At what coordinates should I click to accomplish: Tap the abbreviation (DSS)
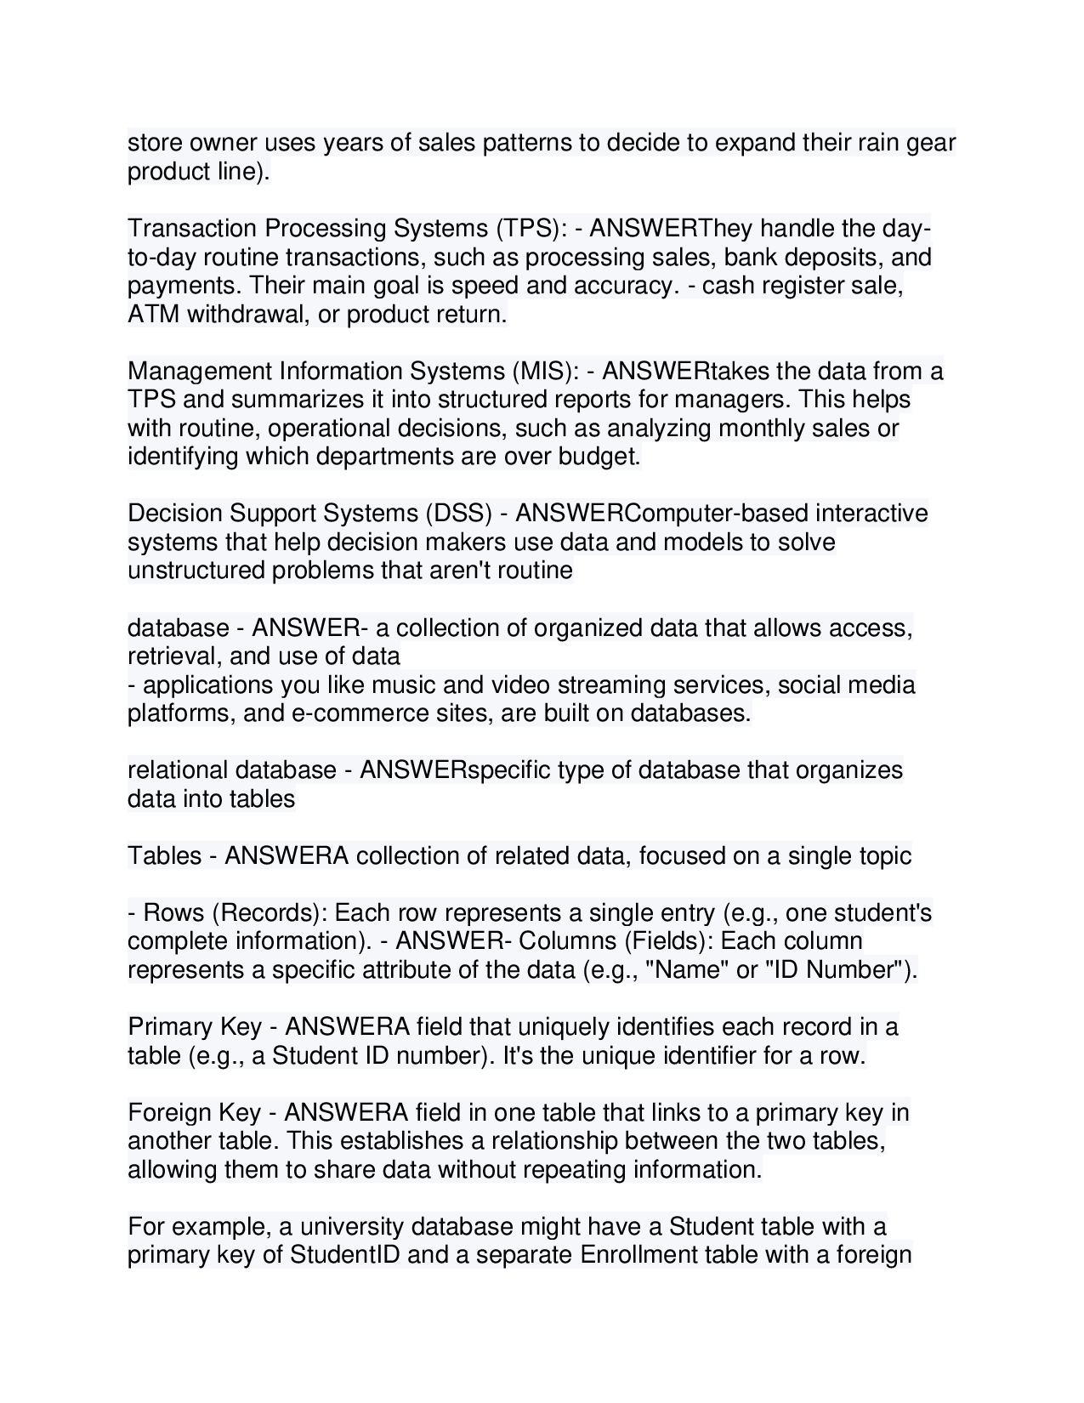coord(456,514)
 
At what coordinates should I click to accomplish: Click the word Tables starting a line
coord(164,855)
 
